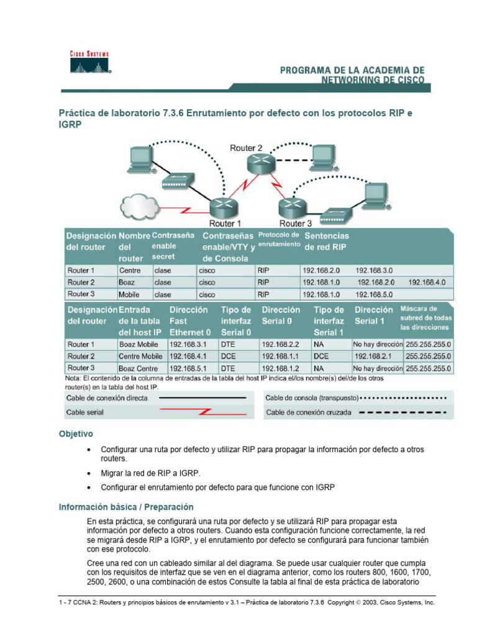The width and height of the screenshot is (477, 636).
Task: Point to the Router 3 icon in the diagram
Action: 289,206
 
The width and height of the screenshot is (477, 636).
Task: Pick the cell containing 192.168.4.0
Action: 427,282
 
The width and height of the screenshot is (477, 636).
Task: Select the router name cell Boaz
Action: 128,282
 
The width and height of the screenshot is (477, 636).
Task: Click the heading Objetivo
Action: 76,434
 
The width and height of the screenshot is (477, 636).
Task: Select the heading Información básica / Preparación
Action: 126,507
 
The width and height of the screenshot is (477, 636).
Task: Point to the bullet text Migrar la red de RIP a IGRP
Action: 151,473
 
